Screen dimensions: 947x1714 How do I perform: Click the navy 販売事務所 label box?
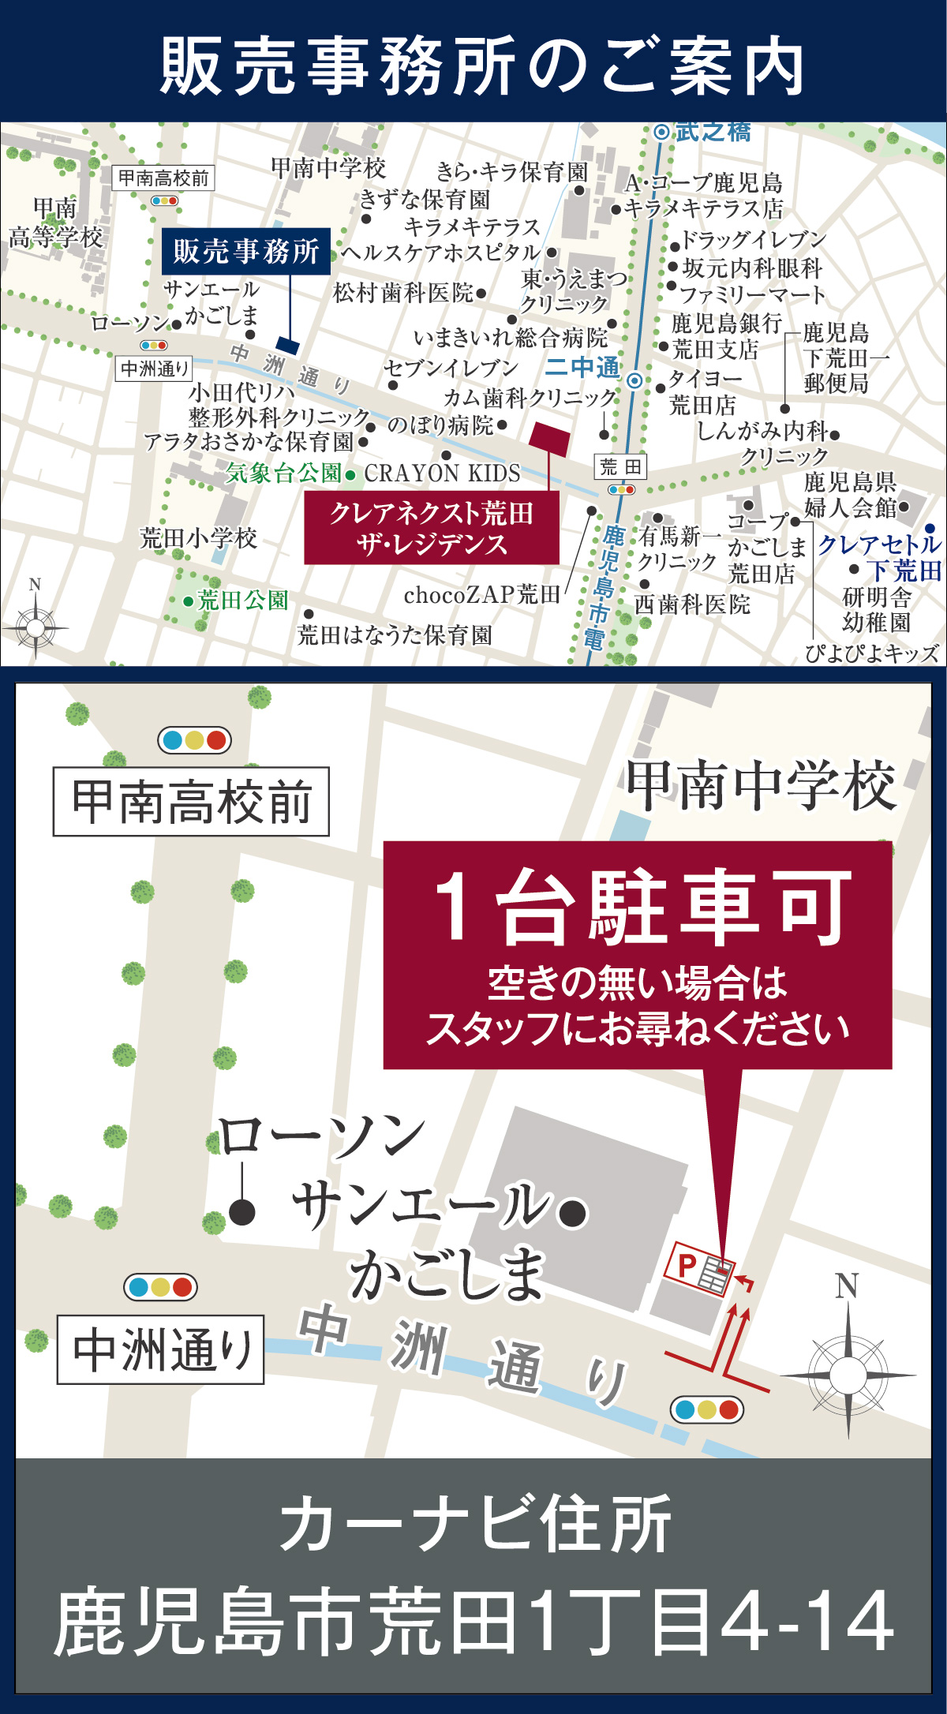coord(246,251)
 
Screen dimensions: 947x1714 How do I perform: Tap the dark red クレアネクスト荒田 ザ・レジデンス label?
coord(432,528)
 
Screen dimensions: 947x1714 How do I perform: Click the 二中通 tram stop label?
coord(582,367)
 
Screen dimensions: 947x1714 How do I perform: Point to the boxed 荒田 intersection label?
coord(620,467)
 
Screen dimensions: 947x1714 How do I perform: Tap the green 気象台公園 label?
coord(283,473)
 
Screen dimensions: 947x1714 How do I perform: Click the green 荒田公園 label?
coord(242,601)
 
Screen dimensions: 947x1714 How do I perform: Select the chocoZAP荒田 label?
coord(481,595)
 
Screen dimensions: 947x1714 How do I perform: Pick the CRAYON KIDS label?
coord(442,473)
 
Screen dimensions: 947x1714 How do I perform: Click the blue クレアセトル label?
coord(879,545)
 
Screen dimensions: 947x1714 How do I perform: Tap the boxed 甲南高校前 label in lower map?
coord(191,802)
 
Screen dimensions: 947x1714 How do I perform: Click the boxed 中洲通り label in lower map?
coord(161,1349)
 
